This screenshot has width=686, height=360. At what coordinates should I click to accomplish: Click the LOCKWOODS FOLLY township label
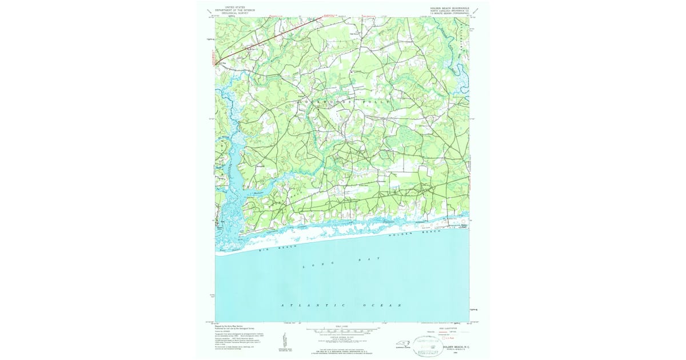(x=344, y=102)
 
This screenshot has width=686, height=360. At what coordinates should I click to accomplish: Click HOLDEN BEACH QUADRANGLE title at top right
(x=450, y=8)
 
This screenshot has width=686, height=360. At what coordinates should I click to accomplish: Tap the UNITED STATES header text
(x=234, y=7)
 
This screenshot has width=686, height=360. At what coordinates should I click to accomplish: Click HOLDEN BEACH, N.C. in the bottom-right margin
(x=456, y=347)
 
